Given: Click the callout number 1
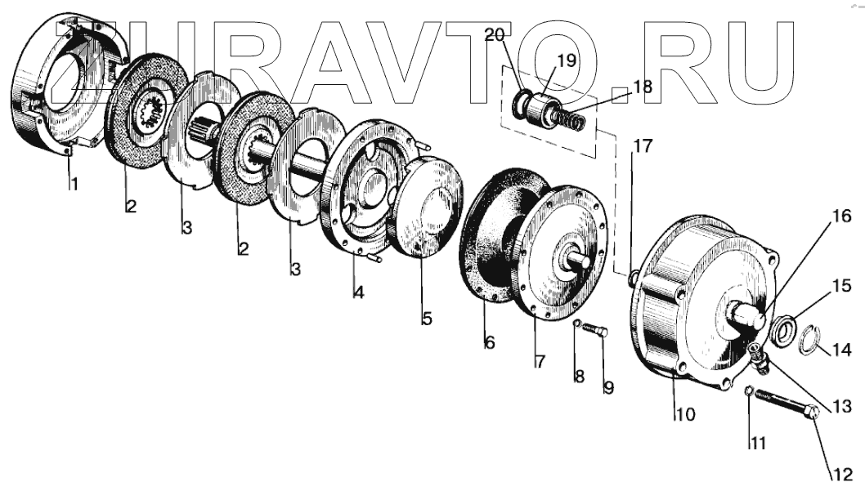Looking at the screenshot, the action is pos(74,185).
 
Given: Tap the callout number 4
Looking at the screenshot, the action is pos(359,292).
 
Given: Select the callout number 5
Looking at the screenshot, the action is pos(427,319).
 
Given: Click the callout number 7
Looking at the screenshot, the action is pos(540,361).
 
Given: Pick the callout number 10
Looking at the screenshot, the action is pos(685,414).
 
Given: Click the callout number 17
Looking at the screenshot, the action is pos(643,148).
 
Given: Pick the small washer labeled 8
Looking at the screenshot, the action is pos(577,324).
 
